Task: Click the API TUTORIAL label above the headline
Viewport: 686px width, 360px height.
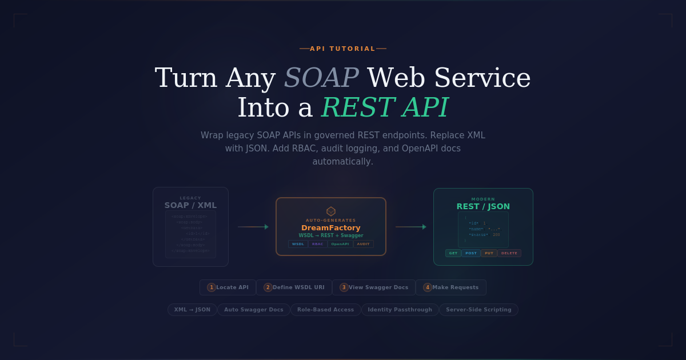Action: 343,49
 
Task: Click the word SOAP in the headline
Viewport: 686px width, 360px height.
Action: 321,78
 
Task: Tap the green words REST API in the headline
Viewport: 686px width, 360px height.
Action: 385,107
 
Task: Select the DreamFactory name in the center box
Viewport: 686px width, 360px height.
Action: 331,227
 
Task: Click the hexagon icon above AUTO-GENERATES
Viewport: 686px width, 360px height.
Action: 331,211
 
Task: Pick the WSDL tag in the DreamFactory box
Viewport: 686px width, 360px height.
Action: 298,244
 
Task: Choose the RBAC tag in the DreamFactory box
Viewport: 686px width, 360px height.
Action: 318,244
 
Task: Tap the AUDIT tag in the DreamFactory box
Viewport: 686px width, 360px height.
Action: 364,244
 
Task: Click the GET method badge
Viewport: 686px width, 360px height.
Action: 453,253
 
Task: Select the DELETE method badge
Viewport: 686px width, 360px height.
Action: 509,253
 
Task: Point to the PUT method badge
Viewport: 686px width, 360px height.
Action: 489,253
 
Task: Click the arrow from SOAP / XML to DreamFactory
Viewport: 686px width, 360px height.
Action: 253,227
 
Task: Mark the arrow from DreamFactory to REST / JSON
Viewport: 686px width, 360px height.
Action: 410,227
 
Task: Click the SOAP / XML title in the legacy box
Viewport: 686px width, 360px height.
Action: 190,205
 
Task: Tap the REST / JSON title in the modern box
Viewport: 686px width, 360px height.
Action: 483,206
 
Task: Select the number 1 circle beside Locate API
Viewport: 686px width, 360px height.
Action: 212,287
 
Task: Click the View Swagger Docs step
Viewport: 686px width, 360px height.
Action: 374,287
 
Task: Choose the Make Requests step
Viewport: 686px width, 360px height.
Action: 451,287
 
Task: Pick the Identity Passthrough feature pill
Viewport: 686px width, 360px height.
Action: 400,310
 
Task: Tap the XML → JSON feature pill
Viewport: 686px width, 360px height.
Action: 192,310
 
